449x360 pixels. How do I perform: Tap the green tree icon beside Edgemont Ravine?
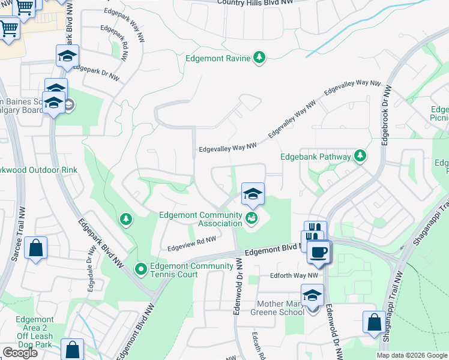[259, 58]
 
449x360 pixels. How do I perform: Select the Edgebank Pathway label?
[316, 157]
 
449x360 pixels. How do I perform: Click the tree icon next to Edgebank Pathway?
[360, 157]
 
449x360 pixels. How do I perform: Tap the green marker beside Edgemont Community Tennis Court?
[141, 269]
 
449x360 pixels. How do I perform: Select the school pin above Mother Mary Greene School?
[312, 296]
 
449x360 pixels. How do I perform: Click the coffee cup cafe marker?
[318, 252]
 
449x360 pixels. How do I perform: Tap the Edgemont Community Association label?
[200, 220]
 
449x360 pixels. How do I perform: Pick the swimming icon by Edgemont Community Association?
[252, 219]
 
